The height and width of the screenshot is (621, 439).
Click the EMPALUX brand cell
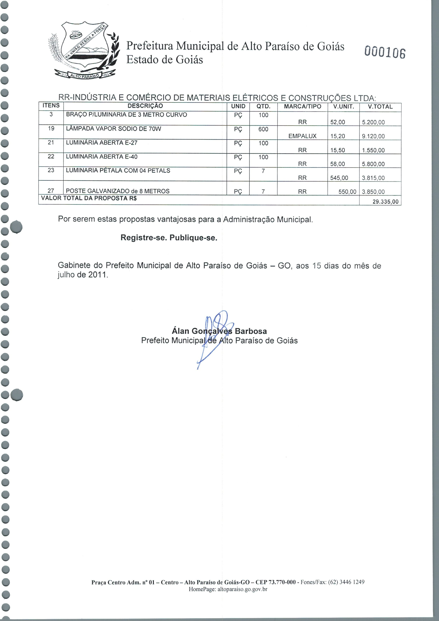(302, 136)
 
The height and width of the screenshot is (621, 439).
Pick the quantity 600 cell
(263, 129)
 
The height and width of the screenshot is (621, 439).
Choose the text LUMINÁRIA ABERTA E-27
(102, 143)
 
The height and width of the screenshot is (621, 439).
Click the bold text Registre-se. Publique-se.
(169, 238)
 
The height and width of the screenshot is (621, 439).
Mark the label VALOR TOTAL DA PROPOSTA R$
(89, 198)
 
